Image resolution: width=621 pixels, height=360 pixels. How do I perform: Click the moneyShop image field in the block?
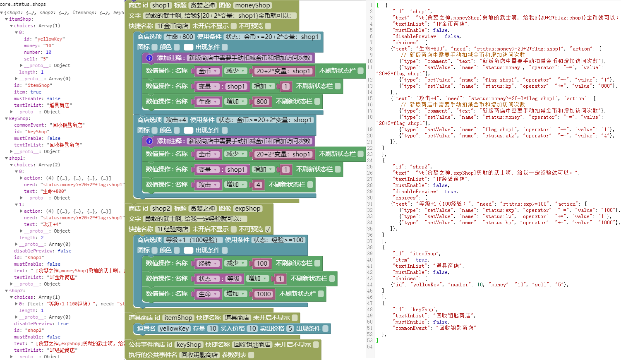click(x=252, y=5)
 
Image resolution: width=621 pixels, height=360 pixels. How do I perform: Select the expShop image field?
click(x=248, y=209)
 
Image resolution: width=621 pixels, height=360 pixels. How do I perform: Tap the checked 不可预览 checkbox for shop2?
click(x=268, y=229)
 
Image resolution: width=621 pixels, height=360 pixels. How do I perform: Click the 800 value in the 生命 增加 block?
click(x=261, y=102)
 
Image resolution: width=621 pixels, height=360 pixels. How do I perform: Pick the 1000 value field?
click(x=263, y=294)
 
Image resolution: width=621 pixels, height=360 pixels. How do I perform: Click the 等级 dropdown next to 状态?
click(x=234, y=279)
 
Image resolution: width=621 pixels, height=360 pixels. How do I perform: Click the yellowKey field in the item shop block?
click(x=174, y=329)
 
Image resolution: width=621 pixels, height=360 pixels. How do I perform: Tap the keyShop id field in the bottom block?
click(x=189, y=345)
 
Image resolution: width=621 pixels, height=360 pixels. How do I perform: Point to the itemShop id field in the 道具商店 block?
click(x=178, y=318)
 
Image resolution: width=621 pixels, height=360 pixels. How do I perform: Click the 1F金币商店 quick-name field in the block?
click(x=172, y=26)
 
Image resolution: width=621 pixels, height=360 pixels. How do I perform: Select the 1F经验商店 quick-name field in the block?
click(x=172, y=229)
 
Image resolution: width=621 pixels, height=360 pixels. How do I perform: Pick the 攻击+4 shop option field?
click(x=176, y=120)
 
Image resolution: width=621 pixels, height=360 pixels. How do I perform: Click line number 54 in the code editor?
click(x=370, y=347)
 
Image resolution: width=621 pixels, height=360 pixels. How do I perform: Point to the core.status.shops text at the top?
click(x=23, y=4)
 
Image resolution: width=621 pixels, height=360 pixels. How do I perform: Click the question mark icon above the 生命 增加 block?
click(x=149, y=58)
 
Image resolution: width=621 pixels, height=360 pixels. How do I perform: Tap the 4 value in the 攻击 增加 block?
click(x=258, y=185)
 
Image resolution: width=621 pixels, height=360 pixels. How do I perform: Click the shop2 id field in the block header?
click(x=161, y=209)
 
